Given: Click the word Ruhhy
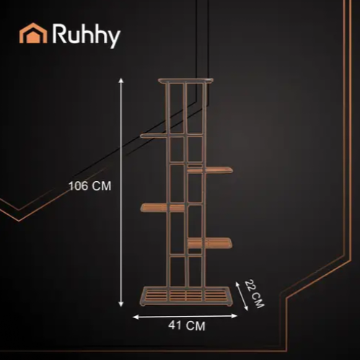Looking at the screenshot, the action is click(x=86, y=35).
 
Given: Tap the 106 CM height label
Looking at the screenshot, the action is click(x=90, y=186).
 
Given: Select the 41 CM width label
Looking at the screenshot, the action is click(x=187, y=326).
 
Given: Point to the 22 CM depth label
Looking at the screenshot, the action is click(x=255, y=294).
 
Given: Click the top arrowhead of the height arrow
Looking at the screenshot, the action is click(x=121, y=80).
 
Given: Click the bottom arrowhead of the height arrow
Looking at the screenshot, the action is click(x=121, y=304).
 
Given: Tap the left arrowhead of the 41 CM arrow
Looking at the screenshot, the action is click(x=136, y=317).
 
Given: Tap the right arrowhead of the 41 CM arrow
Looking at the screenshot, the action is click(x=234, y=316).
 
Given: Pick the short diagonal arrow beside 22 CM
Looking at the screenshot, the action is click(x=242, y=296).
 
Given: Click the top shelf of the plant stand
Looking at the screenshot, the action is click(x=185, y=81).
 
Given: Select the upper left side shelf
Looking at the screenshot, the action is click(x=154, y=136).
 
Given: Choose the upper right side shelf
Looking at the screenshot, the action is click(x=210, y=170).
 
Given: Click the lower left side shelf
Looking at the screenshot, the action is click(x=162, y=208).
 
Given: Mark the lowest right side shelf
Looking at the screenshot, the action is click(x=210, y=243).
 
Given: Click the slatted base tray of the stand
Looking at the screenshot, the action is click(x=186, y=296).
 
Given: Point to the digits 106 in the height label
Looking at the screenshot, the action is click(x=79, y=186).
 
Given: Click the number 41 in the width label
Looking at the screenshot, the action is click(x=175, y=325).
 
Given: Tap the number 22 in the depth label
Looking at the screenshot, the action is click(x=251, y=286).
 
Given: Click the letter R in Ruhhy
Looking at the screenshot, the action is click(x=58, y=33).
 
